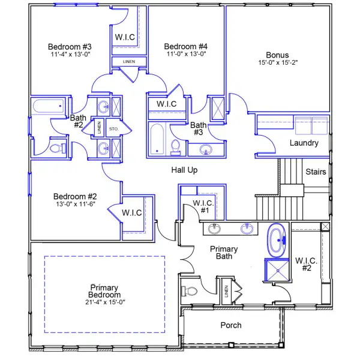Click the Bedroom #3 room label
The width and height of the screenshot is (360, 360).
(70, 47)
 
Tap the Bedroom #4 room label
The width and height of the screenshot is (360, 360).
(185, 47)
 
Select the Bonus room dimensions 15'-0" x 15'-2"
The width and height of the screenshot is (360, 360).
(277, 62)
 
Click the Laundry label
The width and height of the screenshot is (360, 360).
(304, 143)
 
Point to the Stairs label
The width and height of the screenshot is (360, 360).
(316, 172)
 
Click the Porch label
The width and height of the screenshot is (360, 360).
(231, 325)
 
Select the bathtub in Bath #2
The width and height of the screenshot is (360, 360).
(46, 108)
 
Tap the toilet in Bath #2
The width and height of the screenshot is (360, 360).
(56, 147)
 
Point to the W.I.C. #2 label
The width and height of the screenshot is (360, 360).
(306, 265)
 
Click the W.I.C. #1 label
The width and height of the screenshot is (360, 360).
(203, 207)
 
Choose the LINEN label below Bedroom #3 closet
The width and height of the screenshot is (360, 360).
(129, 62)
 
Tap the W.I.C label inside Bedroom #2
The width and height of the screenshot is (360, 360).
(132, 212)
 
